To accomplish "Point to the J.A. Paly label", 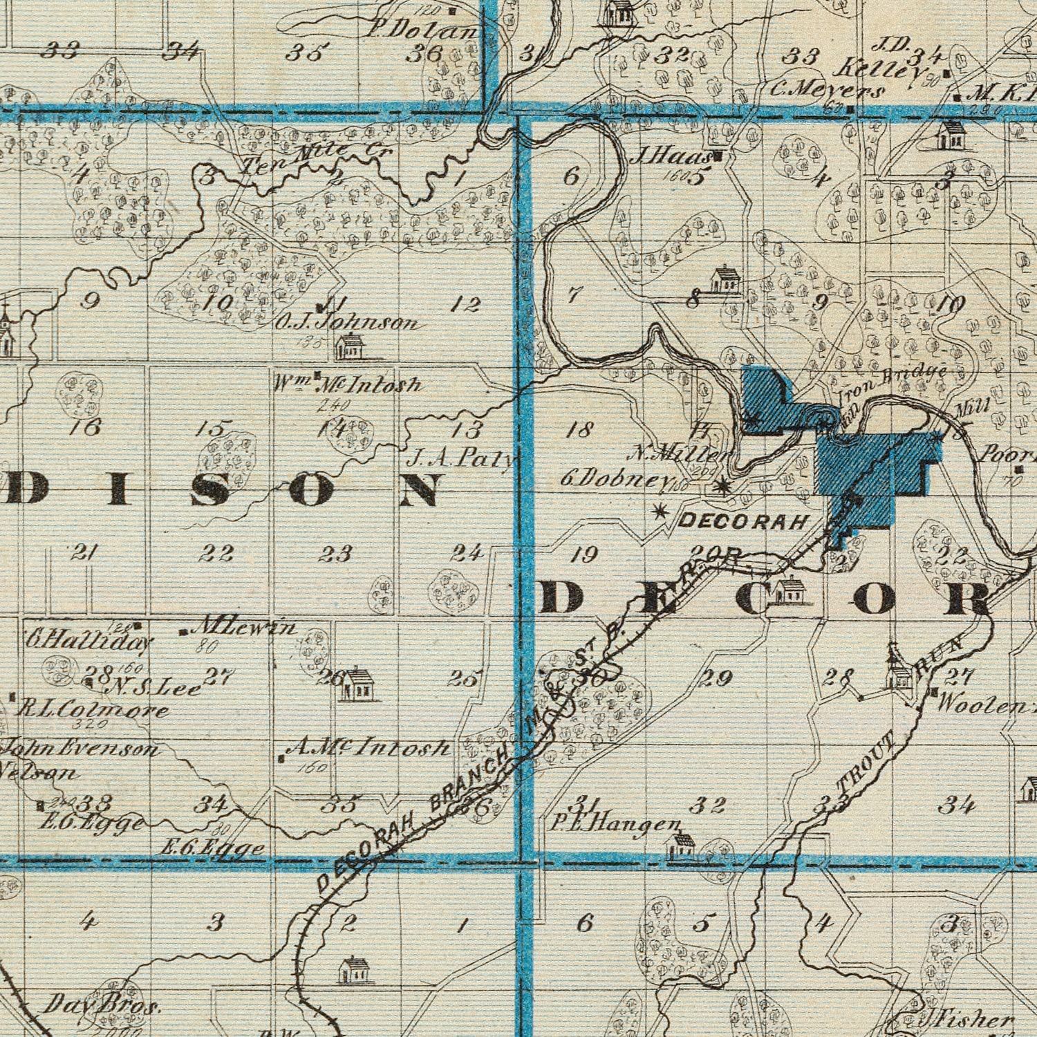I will pos(462,458).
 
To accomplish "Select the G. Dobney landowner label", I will pos(618,480).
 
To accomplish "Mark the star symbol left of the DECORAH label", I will pos(659,512).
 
